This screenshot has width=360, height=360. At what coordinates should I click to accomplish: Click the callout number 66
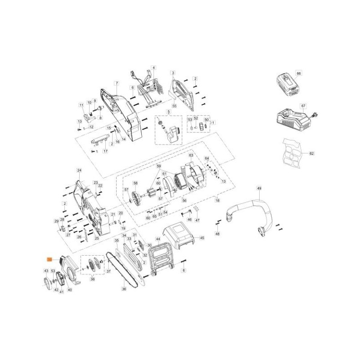point(298,73)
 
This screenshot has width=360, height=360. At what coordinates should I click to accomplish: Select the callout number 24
point(79,170)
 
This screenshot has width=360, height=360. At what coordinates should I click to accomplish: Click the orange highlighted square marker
point(50,259)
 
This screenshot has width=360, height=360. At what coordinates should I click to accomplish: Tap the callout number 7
point(116,83)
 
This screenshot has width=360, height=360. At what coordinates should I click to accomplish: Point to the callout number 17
point(106,151)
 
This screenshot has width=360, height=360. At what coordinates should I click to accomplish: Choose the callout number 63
point(191,155)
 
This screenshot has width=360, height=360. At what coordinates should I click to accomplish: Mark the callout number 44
point(158,239)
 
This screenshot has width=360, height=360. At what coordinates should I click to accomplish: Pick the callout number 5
point(169,111)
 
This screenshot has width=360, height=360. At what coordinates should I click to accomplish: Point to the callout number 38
point(93,279)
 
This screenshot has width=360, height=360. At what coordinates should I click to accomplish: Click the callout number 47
point(197,220)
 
